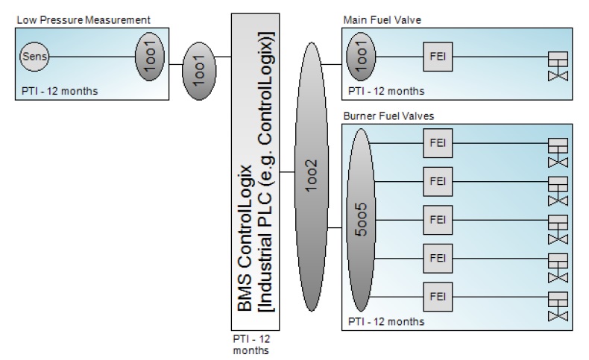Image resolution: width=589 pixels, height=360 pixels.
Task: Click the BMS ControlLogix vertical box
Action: [x=255, y=172]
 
